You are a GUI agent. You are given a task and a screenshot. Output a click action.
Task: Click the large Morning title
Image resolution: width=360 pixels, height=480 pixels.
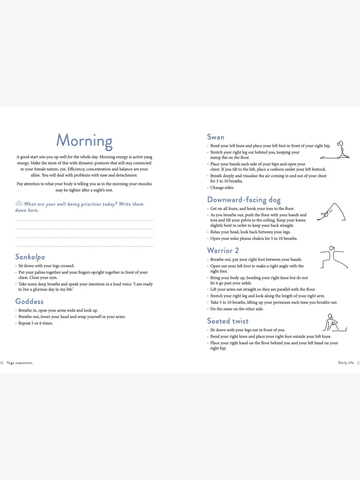click(84, 141)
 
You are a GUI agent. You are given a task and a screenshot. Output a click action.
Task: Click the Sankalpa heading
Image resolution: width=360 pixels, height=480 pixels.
click(30, 257)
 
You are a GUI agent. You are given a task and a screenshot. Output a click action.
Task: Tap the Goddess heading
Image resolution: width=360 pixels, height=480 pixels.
click(29, 301)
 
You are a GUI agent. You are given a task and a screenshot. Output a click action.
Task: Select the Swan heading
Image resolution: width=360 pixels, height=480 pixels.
click(216, 137)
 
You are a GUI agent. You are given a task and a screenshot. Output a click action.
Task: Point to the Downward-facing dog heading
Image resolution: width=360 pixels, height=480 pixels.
click(244, 200)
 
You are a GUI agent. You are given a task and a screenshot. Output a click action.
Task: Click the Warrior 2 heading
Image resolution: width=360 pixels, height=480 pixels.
click(223, 251)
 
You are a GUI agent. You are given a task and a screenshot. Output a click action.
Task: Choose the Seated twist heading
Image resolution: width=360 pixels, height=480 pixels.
click(228, 321)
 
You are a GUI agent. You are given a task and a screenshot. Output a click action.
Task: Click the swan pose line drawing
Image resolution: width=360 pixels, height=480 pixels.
click(336, 151)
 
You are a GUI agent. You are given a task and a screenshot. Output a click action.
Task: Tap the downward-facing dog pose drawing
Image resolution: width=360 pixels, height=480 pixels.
click(331, 212)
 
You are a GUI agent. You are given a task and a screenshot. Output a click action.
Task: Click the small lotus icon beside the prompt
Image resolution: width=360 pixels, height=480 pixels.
click(19, 203)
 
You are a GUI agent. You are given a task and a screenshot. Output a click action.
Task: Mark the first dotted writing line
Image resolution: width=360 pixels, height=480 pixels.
click(84, 220)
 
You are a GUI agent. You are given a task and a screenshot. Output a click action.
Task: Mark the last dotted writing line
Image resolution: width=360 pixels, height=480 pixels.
click(84, 246)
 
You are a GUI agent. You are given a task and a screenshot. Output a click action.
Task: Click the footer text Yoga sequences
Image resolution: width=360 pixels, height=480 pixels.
click(20, 363)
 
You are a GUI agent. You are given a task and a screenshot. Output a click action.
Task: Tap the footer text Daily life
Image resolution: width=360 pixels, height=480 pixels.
click(346, 363)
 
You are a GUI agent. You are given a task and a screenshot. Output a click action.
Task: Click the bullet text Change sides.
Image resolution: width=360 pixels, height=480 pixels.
click(222, 188)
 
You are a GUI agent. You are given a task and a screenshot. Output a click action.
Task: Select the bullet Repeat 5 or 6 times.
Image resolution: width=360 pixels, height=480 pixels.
click(36, 323)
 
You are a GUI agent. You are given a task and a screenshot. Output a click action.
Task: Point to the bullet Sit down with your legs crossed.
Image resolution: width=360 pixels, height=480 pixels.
click(46, 266)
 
